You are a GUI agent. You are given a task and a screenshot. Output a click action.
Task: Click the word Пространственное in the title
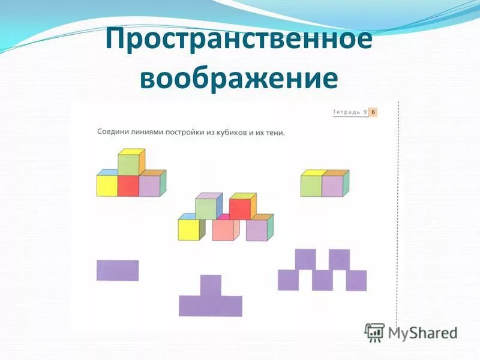[x=239, y=40]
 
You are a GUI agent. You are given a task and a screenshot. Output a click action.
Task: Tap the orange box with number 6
[x=373, y=112]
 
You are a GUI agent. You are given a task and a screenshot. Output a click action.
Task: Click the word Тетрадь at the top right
[x=346, y=112]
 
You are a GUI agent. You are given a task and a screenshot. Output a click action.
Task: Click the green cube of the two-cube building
[x=311, y=186]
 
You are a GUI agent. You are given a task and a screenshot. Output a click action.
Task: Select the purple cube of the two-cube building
[x=332, y=186]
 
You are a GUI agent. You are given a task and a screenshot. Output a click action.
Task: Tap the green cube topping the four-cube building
[x=128, y=164]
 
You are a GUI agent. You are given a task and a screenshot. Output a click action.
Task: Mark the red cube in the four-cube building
[x=128, y=186]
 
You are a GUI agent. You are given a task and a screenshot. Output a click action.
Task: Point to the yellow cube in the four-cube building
[x=107, y=186]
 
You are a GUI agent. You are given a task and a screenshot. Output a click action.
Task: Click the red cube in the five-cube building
[x=239, y=209]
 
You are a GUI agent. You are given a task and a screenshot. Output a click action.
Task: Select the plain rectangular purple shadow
[x=118, y=270]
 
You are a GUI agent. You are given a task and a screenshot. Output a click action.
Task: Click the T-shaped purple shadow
[x=211, y=300]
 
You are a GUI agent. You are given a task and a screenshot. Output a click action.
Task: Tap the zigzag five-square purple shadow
[x=322, y=271]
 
